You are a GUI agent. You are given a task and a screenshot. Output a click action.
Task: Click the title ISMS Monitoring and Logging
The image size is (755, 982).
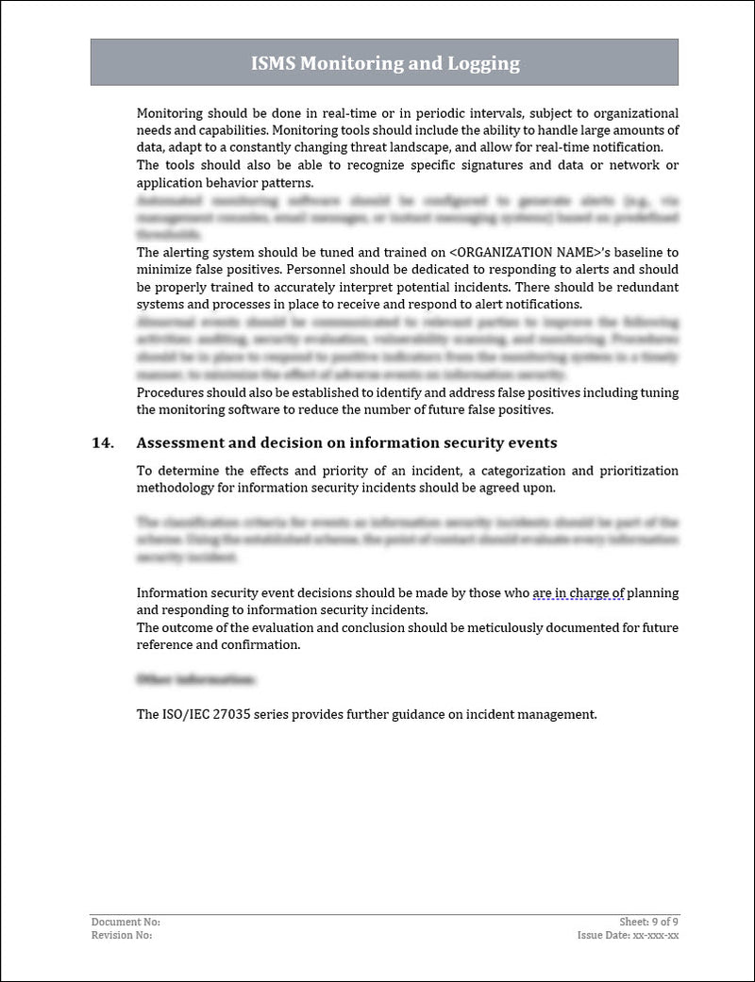point(384,63)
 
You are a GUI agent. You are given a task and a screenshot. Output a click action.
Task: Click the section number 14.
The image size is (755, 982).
point(103,442)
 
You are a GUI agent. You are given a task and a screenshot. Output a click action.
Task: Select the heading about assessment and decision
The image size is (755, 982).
point(346,442)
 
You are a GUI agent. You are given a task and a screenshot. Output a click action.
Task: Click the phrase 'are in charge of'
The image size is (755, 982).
point(579,593)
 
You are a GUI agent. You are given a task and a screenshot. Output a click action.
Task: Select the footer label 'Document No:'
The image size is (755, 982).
point(126,921)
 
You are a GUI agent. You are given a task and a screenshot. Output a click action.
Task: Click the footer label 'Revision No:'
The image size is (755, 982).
point(122,935)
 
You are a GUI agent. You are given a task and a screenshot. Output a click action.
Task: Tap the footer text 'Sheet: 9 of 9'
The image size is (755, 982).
point(644,921)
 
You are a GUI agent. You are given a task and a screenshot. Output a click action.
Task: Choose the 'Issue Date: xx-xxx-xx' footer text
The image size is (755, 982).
point(628,935)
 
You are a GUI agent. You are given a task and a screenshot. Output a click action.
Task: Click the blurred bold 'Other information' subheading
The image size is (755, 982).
point(195,679)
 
